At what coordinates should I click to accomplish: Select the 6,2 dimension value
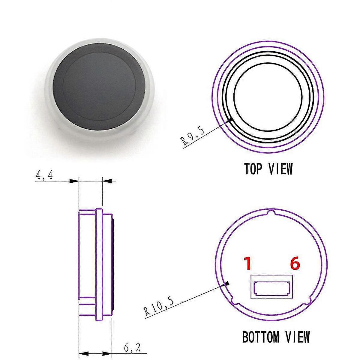point(132,348)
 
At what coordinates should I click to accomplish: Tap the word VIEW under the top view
point(280,169)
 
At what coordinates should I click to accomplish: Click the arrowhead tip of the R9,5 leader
point(233,119)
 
